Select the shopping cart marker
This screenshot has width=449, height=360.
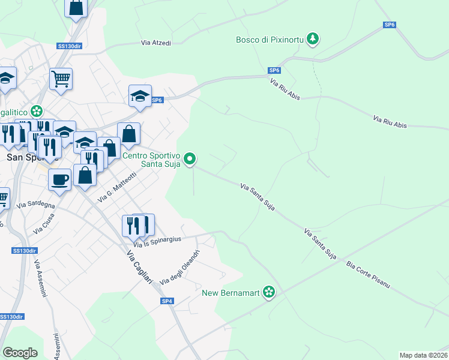pyautogui.click(x=61, y=78)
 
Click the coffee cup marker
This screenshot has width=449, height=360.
pyautogui.click(x=60, y=179)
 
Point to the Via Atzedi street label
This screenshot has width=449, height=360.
pyautogui.click(x=156, y=43)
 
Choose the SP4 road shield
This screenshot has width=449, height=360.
pyautogui.click(x=167, y=301)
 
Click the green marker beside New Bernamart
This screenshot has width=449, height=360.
pyautogui.click(x=270, y=292)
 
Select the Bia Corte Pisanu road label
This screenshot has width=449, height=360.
pyautogui.click(x=368, y=275)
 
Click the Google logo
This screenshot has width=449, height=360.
pyautogui.click(x=20, y=353)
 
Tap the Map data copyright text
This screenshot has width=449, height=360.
pyautogui.click(x=423, y=355)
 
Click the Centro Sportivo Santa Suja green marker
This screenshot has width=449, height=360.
pyautogui.click(x=190, y=159)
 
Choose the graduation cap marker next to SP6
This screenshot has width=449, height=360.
pyautogui.click(x=140, y=96)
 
